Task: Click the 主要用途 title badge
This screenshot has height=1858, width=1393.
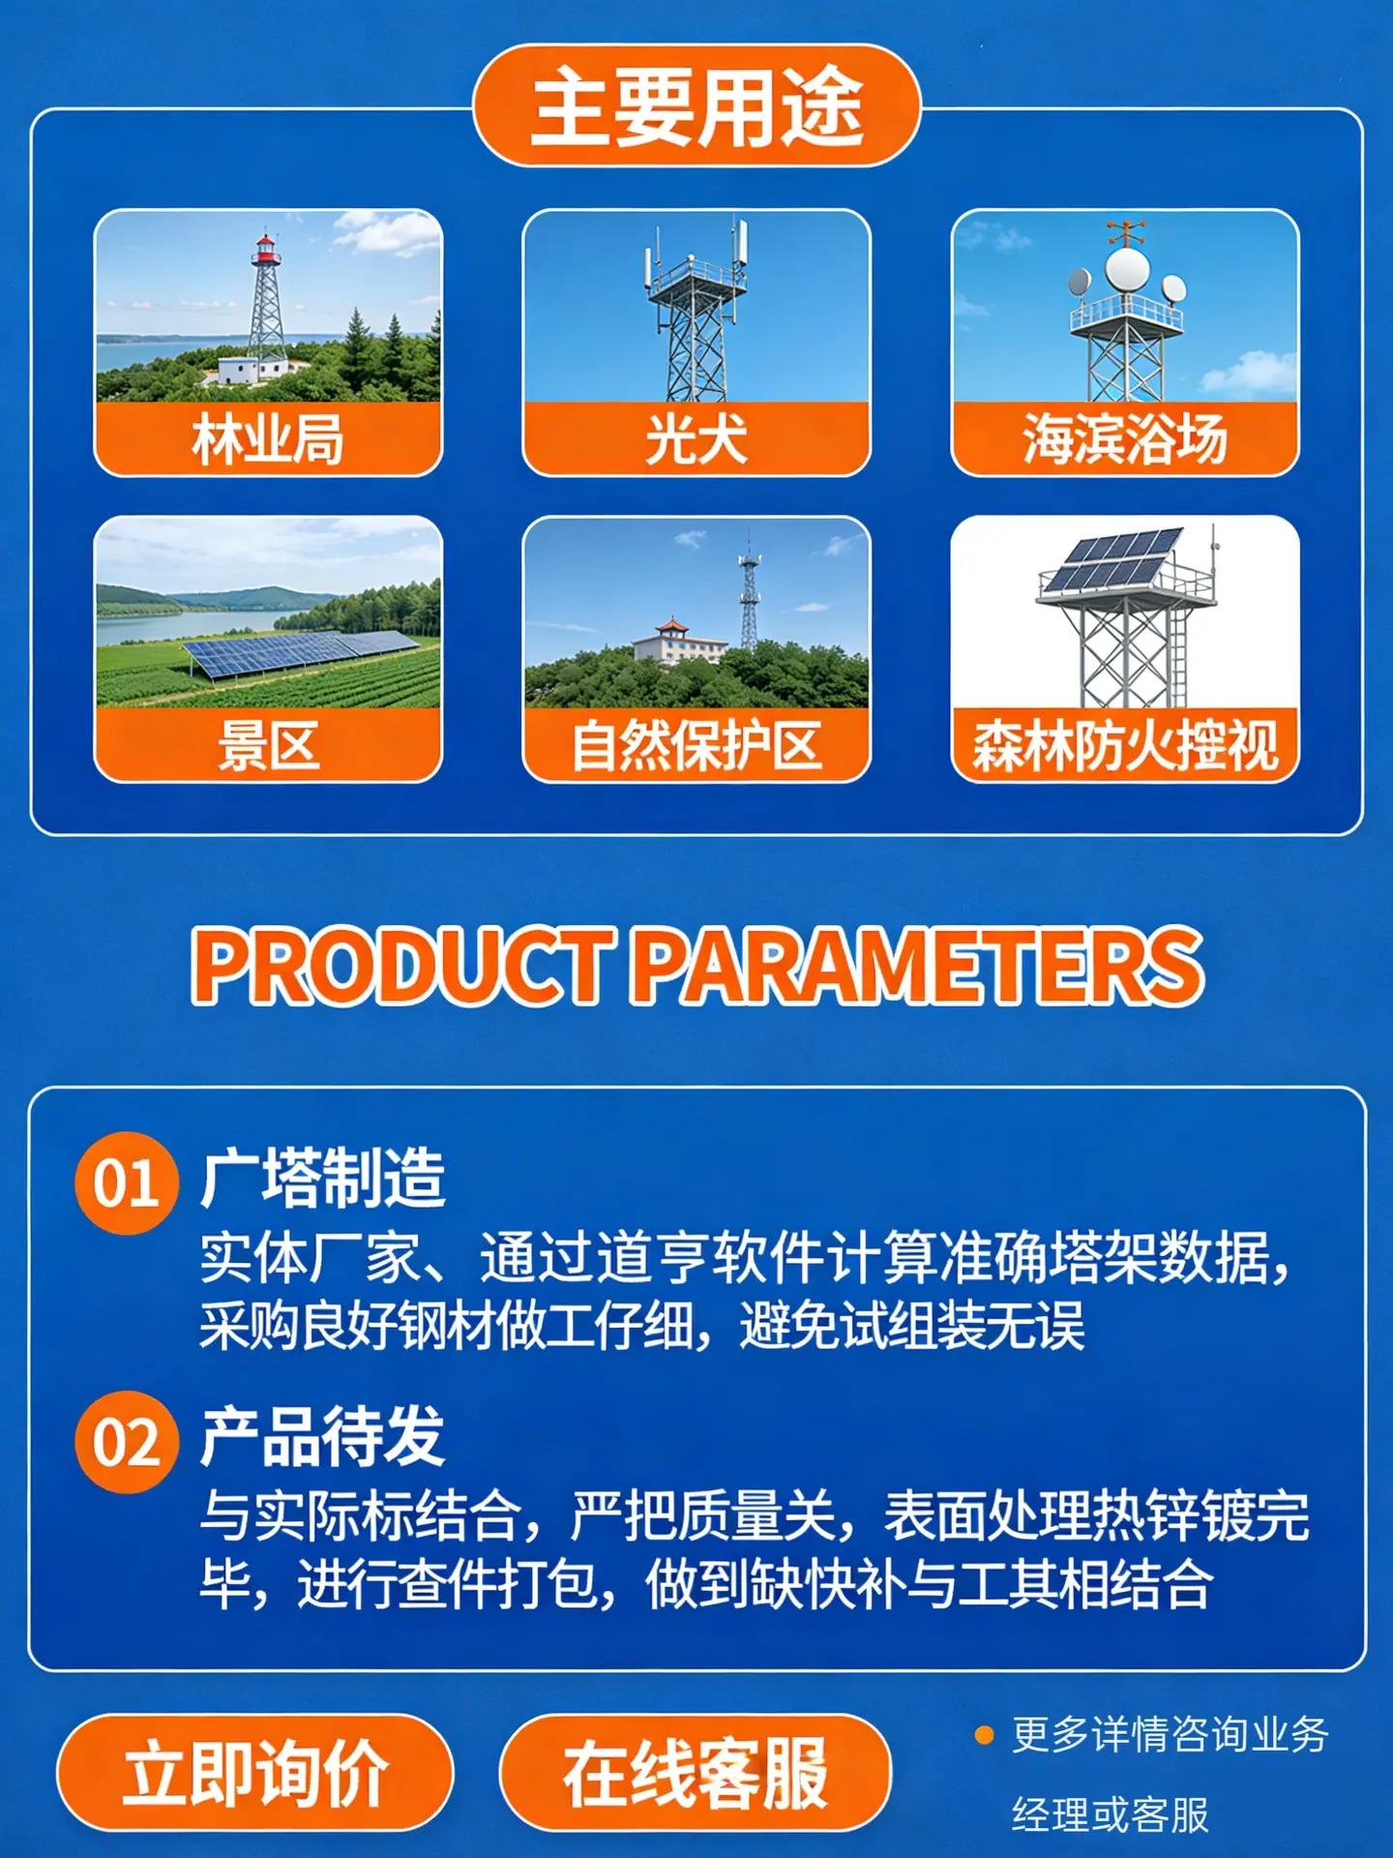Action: [696, 105]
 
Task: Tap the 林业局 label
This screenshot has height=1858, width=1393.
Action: [268, 439]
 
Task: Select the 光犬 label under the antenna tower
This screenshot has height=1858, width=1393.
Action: [696, 439]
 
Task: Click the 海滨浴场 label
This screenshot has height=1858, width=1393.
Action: [1125, 439]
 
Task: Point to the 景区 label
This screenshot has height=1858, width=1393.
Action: [268, 745]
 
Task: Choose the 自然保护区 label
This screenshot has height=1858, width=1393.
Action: [696, 745]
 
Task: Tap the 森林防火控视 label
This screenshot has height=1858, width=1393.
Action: [1125, 745]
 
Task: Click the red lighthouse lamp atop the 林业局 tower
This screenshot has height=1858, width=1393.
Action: [265, 250]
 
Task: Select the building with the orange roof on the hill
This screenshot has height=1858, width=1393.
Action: [679, 640]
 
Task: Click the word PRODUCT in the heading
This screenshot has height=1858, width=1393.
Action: [402, 965]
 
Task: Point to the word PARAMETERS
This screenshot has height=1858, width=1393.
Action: [918, 965]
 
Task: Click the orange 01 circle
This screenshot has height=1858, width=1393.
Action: [127, 1183]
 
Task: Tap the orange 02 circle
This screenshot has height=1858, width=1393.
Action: [127, 1442]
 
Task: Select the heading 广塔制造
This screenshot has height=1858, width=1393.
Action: [323, 1178]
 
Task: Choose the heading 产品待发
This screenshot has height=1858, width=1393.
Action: [323, 1437]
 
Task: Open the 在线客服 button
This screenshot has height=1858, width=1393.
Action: [695, 1773]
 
